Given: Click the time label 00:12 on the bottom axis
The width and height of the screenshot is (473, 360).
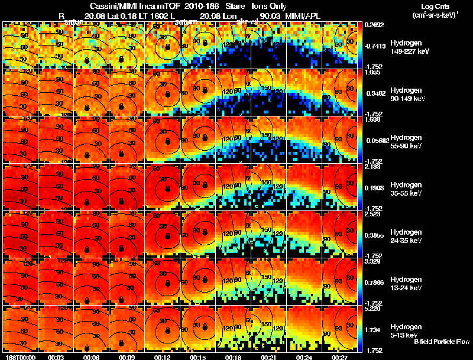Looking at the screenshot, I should (161, 357).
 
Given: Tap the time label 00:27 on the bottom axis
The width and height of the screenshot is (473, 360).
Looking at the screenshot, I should (339, 357).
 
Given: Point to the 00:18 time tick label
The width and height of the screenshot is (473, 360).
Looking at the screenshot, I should (232, 357).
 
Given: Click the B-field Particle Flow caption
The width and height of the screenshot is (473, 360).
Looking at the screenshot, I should (441, 342).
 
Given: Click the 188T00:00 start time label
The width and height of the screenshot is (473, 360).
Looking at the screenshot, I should (18, 357).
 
